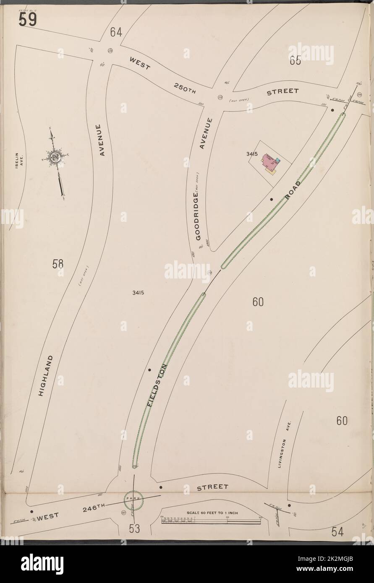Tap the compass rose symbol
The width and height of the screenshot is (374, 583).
pos(55,158)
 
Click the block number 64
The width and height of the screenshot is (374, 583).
pos(116,32)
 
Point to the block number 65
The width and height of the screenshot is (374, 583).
pos(295,61)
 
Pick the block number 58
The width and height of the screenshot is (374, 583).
pos(58,264)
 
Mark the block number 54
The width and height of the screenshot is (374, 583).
pos(337,532)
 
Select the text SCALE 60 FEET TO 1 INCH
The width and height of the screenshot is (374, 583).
pos(212,513)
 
